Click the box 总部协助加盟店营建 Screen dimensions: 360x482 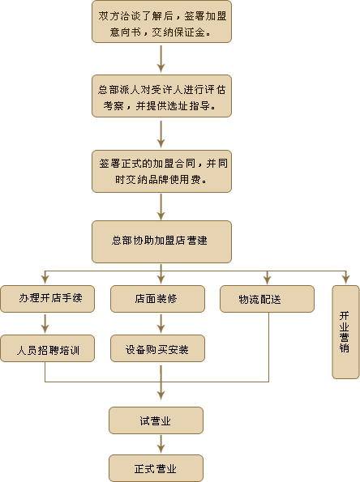[161, 241]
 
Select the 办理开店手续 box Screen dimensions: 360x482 [47, 299]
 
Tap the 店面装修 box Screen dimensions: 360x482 [157, 299]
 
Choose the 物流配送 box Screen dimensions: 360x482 [267, 299]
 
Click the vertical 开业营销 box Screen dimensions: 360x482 [345, 332]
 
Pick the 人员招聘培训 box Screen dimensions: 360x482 [47, 348]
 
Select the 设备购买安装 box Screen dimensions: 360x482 [157, 348]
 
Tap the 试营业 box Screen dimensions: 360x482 [156, 420]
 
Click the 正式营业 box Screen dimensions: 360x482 [156, 468]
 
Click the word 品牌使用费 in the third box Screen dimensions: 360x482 [174, 180]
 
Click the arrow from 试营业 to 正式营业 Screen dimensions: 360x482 [161, 444]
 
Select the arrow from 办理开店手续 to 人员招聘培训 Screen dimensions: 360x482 [45, 323]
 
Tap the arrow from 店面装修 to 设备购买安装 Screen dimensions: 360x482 [161, 323]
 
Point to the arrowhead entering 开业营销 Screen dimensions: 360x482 [346, 279]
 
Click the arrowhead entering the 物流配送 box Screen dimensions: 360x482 [267, 279]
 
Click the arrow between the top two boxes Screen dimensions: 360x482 [161, 59]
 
